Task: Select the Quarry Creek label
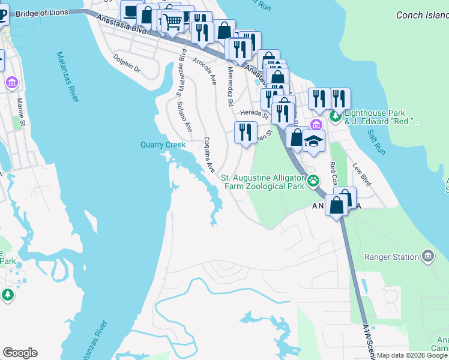coord(163,145)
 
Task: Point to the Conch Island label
coord(421,15)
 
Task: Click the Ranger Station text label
coord(392,257)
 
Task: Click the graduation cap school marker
coord(313,142)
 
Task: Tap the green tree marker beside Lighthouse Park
coord(336,116)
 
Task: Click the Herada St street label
coord(253,112)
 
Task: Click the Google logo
coord(20,353)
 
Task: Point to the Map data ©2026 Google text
coord(412,356)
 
